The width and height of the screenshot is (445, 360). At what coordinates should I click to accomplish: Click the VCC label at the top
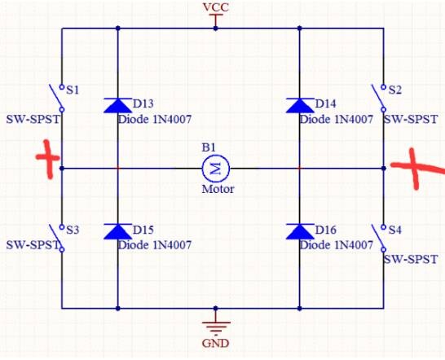click(x=216, y=7)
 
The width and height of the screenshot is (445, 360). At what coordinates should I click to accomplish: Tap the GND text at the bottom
click(x=215, y=344)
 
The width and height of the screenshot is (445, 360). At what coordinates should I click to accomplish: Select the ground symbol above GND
click(x=216, y=327)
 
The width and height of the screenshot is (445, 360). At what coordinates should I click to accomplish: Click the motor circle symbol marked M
click(x=216, y=169)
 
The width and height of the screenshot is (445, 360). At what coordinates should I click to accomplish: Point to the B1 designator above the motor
click(x=209, y=147)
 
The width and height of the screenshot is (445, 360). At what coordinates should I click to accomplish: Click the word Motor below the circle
click(x=218, y=189)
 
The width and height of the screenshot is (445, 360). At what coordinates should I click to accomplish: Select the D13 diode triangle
click(x=118, y=106)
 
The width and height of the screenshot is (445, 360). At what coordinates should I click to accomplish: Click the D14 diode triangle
click(x=300, y=106)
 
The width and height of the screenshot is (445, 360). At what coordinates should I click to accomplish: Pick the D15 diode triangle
click(x=118, y=231)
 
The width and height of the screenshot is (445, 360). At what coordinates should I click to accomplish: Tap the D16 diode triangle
click(x=300, y=231)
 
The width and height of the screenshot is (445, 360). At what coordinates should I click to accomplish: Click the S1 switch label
click(x=73, y=90)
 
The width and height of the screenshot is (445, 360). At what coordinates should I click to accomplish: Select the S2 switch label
click(x=395, y=90)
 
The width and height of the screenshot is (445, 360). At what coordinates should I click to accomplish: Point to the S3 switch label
click(x=73, y=230)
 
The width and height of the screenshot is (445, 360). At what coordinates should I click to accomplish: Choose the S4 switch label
click(x=395, y=230)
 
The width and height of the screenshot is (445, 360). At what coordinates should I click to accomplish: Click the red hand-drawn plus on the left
click(x=48, y=159)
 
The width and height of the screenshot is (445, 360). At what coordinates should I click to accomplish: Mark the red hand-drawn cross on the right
click(x=417, y=168)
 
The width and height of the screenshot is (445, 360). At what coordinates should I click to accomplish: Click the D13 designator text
click(x=143, y=103)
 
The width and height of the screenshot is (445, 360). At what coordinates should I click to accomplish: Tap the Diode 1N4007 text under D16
click(x=337, y=245)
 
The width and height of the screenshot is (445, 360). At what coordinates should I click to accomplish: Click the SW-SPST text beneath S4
click(x=411, y=260)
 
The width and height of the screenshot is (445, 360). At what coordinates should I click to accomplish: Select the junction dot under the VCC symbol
click(x=216, y=29)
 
